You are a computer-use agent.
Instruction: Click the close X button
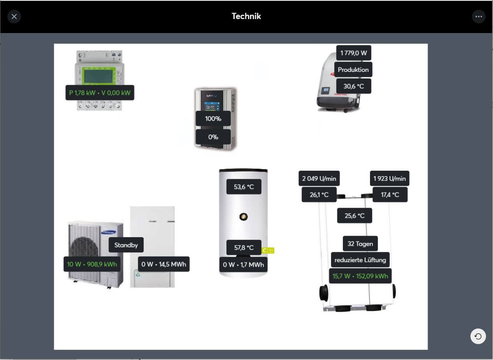click(14, 16)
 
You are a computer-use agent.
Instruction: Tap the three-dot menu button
click(478, 16)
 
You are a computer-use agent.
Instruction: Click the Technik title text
click(246, 16)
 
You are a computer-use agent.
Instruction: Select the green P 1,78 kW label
click(100, 93)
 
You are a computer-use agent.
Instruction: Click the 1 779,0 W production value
click(353, 53)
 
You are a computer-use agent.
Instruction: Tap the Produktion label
click(353, 70)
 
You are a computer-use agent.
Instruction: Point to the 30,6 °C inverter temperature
click(353, 86)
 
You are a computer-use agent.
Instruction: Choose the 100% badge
click(213, 119)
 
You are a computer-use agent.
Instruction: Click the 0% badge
click(213, 137)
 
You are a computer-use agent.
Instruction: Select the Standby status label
click(126, 245)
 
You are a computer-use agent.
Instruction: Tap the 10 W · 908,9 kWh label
click(92, 264)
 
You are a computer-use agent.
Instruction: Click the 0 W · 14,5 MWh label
click(163, 264)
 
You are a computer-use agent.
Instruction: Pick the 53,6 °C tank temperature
click(244, 187)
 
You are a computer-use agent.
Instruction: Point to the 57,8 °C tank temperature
click(244, 247)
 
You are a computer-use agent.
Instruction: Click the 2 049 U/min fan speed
click(319, 178)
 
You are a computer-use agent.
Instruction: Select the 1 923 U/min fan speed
click(389, 178)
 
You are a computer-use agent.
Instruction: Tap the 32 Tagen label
click(360, 244)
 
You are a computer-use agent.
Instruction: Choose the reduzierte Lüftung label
click(360, 260)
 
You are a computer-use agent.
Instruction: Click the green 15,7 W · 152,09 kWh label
click(360, 276)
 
